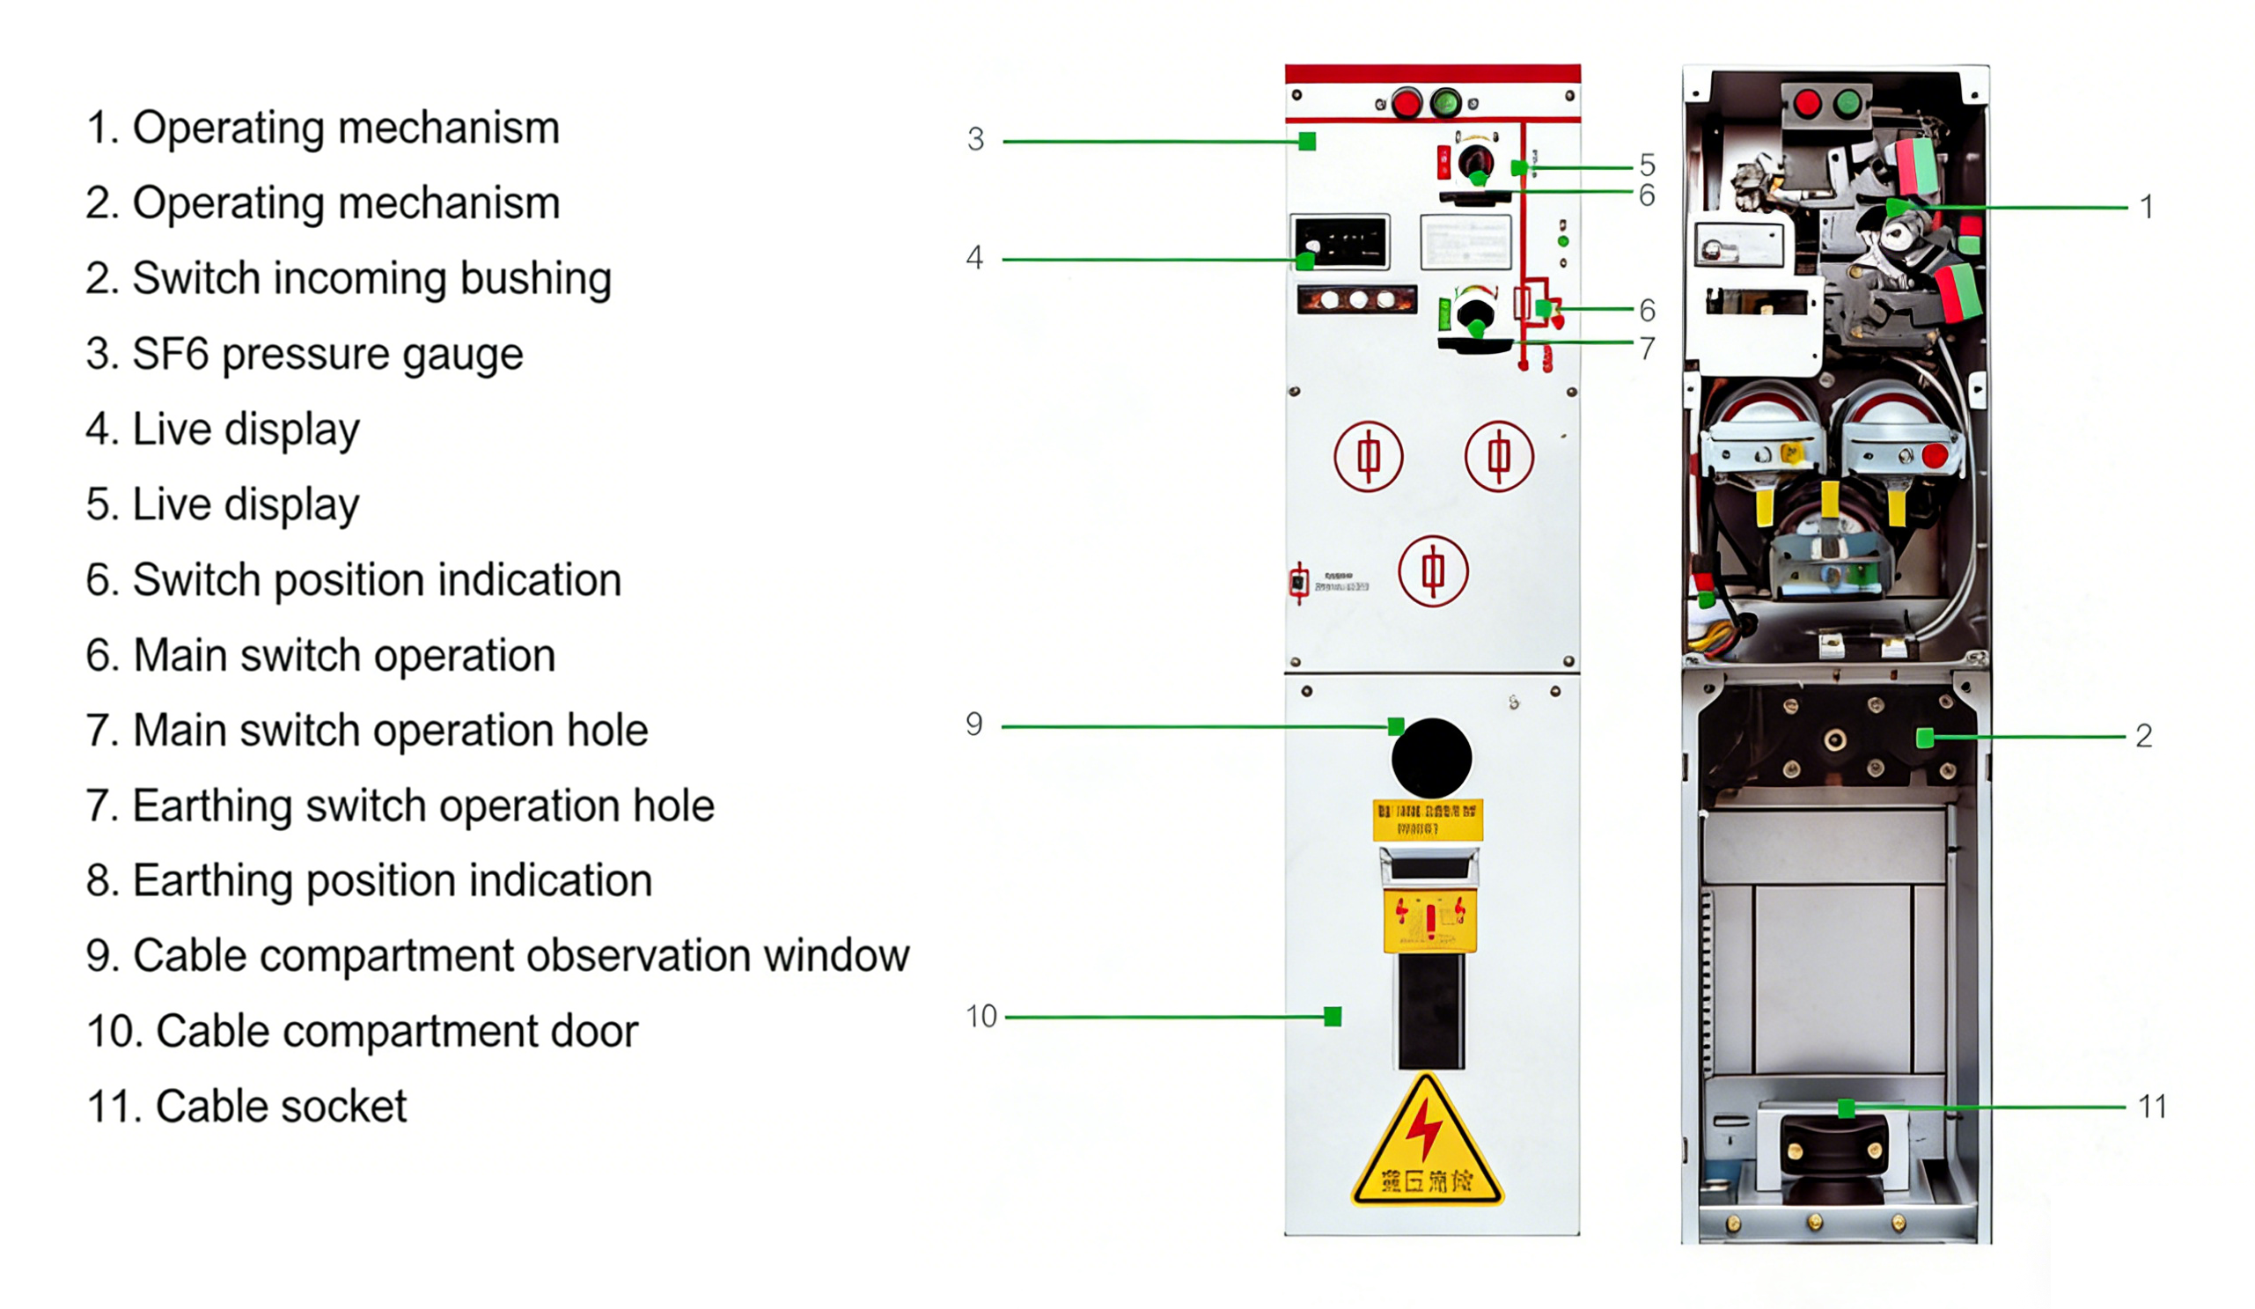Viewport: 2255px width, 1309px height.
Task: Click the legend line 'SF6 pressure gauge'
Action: coord(305,354)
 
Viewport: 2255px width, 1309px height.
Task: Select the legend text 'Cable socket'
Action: coord(246,1107)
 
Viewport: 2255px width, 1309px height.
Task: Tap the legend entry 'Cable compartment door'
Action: coord(362,1032)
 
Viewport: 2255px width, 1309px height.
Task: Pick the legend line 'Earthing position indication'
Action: coord(369,881)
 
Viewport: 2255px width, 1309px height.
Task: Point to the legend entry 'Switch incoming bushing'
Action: coord(348,279)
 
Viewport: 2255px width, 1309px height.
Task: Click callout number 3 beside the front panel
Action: coord(975,140)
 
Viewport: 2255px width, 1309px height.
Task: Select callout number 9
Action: coord(973,724)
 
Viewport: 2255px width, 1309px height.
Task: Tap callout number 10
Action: coord(981,1017)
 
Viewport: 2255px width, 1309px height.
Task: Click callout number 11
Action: coord(2152,1107)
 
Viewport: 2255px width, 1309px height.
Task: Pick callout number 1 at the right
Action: coord(2146,208)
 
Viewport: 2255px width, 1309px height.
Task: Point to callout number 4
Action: coord(974,258)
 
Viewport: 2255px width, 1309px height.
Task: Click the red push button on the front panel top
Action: coord(1407,103)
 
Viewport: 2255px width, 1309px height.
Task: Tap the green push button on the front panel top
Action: coord(1445,103)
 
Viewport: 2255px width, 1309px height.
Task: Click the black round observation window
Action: coord(1432,758)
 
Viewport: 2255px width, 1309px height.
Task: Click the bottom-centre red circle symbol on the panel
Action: coord(1433,570)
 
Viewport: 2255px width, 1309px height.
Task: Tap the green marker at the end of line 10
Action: coord(1333,1017)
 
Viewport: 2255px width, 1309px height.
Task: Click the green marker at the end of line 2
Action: coord(1925,738)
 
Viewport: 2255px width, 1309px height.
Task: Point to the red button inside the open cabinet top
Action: coord(1807,103)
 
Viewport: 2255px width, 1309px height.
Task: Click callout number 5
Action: coord(1648,165)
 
